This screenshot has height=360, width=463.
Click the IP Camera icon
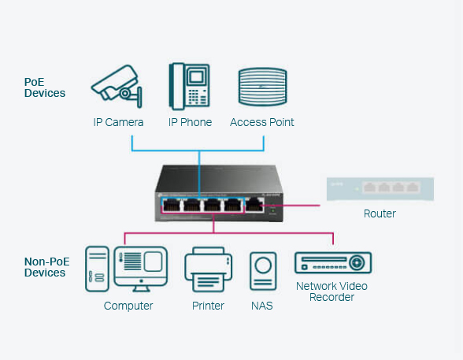click(117, 86)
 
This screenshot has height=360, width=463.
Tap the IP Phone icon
click(189, 86)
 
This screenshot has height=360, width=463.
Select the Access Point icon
click(262, 87)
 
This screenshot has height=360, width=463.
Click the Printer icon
click(208, 269)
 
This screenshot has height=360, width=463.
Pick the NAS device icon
click(263, 271)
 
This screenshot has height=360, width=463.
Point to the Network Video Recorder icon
click(333, 262)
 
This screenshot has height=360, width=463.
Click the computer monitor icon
click(141, 269)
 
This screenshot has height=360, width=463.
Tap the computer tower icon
click(97, 269)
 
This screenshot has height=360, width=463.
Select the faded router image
click(380, 189)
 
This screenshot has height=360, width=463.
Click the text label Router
click(380, 213)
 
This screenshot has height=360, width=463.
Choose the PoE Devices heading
click(45, 87)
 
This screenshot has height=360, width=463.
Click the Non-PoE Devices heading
click(46, 267)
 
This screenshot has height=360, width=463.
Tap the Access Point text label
click(262, 122)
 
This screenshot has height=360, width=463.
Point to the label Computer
click(128, 306)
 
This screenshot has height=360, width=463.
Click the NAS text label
click(262, 306)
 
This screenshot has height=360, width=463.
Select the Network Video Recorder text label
click(332, 291)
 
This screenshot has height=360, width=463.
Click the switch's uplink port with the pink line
click(254, 205)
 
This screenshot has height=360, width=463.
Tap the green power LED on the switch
click(272, 210)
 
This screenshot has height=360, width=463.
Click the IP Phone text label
click(191, 122)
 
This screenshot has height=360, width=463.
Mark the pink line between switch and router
click(291, 206)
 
